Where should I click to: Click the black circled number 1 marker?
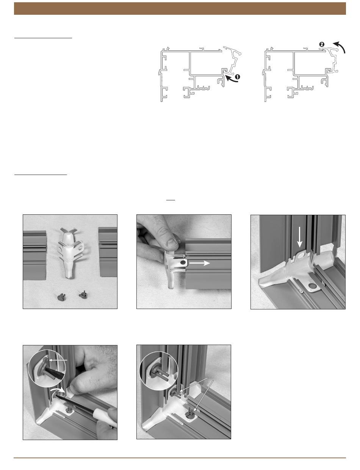point(237,77)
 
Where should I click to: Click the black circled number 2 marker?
point(322,44)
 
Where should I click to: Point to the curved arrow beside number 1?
point(231,79)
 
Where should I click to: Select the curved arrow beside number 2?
point(340,47)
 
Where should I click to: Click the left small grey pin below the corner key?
point(61,297)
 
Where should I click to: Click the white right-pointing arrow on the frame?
point(199,263)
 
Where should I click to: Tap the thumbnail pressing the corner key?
point(172,244)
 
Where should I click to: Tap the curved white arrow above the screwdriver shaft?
point(58,389)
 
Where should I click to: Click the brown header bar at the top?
point(180,8)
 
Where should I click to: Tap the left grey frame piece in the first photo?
point(34,255)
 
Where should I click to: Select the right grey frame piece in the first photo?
point(108,252)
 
